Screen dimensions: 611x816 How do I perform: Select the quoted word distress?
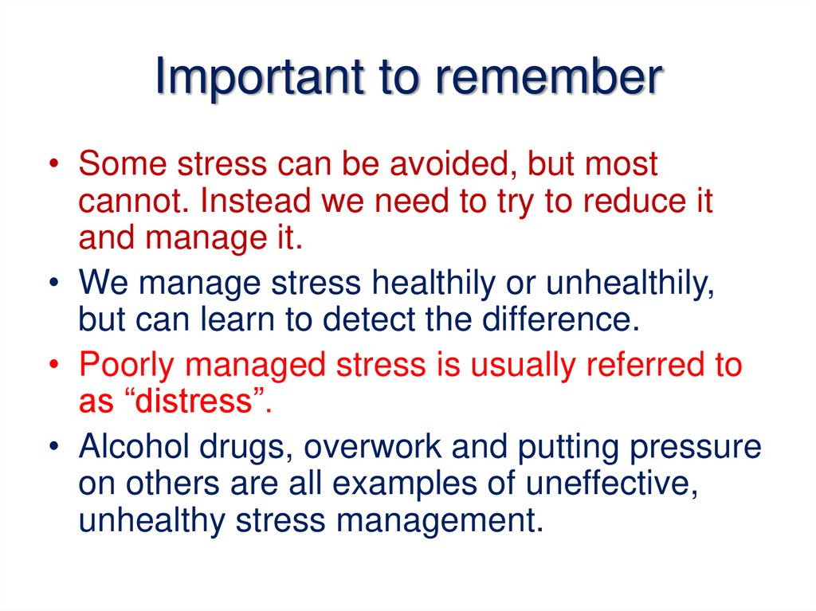click(196, 402)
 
